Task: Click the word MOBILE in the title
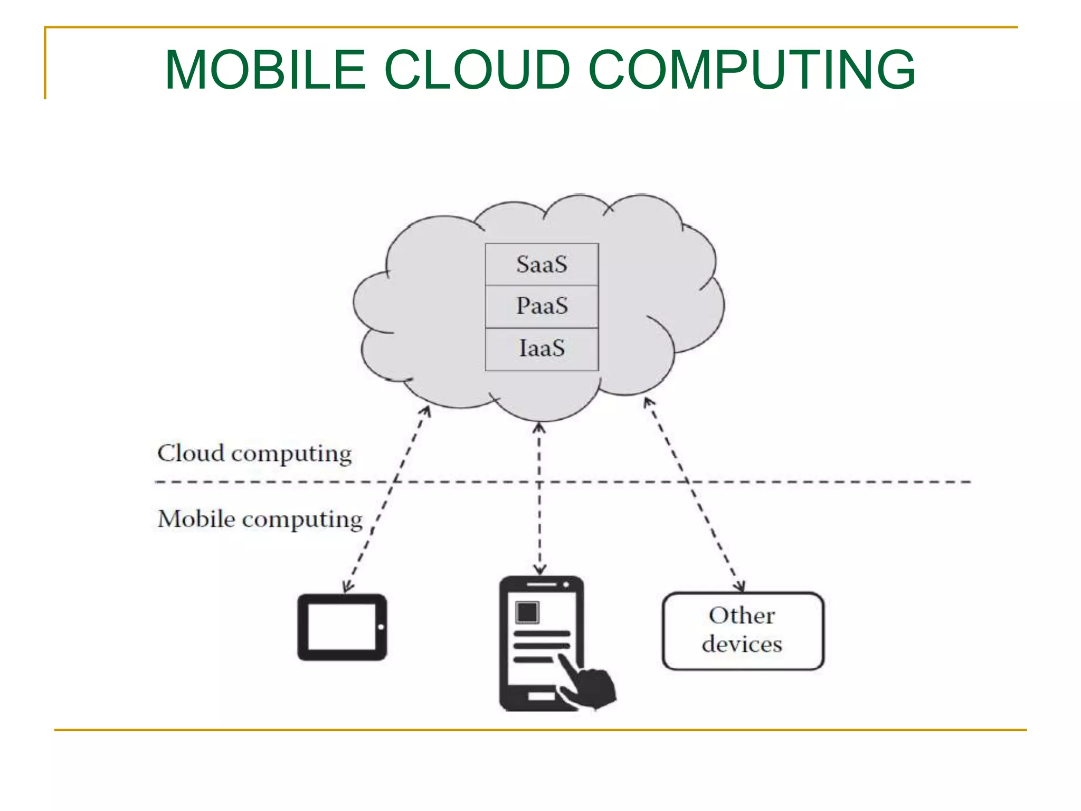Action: pos(265,70)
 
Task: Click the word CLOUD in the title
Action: pos(477,70)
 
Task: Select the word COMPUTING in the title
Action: pos(752,70)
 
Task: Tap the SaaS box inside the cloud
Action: pos(542,265)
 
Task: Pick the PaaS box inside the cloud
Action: pos(542,306)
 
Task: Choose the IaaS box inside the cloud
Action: pos(542,349)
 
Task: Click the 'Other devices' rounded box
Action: pos(743,631)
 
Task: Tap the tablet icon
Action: pos(342,627)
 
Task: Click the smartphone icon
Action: pos(541,643)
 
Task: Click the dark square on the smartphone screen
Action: pos(527,613)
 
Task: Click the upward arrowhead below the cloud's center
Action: pos(539,427)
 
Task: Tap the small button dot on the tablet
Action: pos(381,627)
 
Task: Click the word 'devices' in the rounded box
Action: pos(742,645)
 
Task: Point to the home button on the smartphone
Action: pos(541,696)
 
